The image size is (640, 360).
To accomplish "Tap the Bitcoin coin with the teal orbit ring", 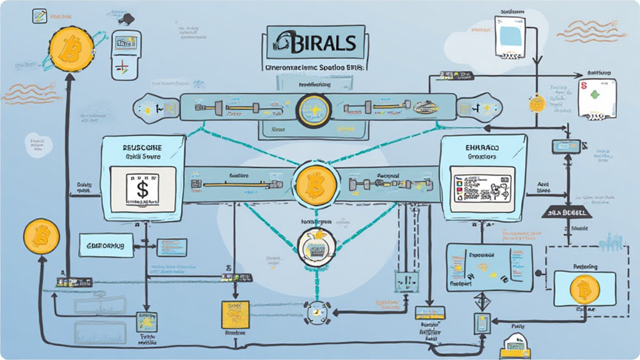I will point(71,47).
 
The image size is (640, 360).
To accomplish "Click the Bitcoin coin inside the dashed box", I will point(585,289).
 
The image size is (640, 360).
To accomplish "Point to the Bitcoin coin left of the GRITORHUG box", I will point(41,236).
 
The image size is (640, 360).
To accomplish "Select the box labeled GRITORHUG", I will point(107,246).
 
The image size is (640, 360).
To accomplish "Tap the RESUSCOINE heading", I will point(142,146).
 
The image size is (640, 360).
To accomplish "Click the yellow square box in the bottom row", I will point(236,314).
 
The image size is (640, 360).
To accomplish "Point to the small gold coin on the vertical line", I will point(536,103).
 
